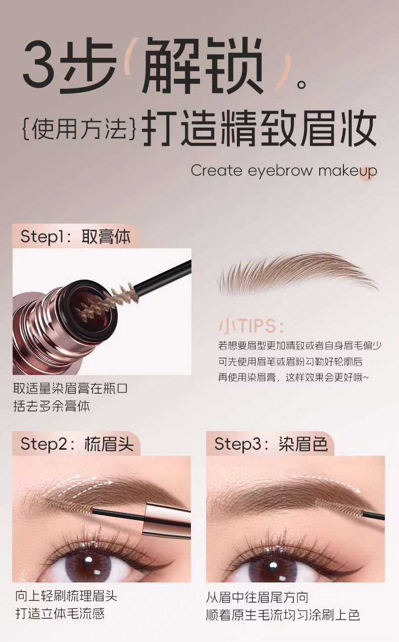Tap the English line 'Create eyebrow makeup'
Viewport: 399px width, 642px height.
point(284,171)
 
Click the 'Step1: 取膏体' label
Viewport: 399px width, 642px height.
point(75,237)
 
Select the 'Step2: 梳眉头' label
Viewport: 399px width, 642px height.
point(77,444)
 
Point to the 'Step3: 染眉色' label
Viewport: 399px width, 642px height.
point(271,444)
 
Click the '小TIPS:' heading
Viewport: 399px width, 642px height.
point(252,326)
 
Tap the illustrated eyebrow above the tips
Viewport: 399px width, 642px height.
point(298,274)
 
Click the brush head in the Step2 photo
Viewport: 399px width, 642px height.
point(69,506)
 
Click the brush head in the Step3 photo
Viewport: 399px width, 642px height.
point(339,507)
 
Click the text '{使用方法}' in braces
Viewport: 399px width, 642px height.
point(78,129)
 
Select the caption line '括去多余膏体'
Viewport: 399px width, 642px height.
point(52,406)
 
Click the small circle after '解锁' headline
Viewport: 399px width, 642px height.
point(302,85)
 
